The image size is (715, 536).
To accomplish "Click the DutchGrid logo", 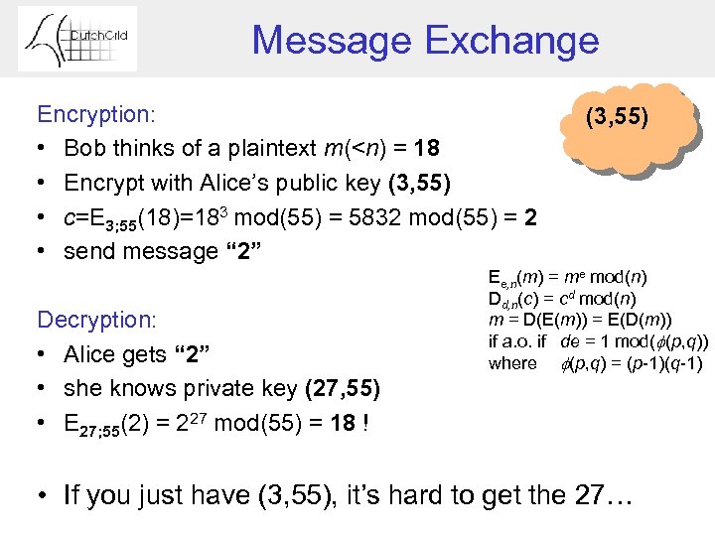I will (x=77, y=40).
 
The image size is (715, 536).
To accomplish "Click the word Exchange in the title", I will (x=512, y=41).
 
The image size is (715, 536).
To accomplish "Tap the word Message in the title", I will (x=332, y=41).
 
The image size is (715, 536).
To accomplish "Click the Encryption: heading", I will (x=95, y=114).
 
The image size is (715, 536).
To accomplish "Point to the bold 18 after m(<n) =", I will (x=427, y=149).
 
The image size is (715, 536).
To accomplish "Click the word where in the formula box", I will (x=512, y=362).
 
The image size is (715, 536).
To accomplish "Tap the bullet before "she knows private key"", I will (x=44, y=389).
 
